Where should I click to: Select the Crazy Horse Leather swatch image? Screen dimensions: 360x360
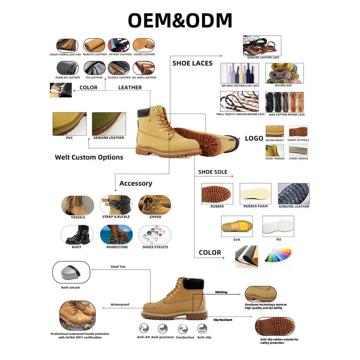[67, 45]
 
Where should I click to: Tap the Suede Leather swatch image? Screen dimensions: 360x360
[144, 45]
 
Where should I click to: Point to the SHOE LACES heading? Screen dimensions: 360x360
[192, 63]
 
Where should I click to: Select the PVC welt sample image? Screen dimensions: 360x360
[69, 124]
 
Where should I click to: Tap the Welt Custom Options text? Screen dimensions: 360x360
[89, 157]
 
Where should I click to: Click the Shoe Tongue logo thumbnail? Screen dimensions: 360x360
[274, 150]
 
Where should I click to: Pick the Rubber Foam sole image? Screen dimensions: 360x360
[255, 193]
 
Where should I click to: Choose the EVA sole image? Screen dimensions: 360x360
[237, 226]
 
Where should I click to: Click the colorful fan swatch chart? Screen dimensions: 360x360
[278, 256]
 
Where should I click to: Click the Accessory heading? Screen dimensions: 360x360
[136, 183]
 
